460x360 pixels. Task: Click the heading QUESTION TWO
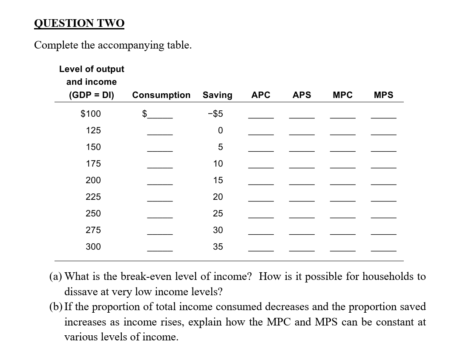pyautogui.click(x=79, y=23)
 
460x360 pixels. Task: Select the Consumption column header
pyautogui.click(x=161, y=95)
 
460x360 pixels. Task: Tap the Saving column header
pyautogui.click(x=217, y=95)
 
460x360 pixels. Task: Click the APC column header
pyautogui.click(x=261, y=95)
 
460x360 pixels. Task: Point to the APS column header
pyautogui.click(x=302, y=95)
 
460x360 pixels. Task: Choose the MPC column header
pyautogui.click(x=342, y=95)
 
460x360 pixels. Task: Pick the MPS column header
pyautogui.click(x=383, y=95)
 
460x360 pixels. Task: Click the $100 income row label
pyautogui.click(x=91, y=114)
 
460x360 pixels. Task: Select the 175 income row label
pyautogui.click(x=93, y=164)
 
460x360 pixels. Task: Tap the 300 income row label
pyautogui.click(x=93, y=247)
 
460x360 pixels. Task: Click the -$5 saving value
pyautogui.click(x=215, y=114)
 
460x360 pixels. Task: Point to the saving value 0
pyautogui.click(x=220, y=130)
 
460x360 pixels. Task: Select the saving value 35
pyautogui.click(x=218, y=247)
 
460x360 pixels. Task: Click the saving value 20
pyautogui.click(x=218, y=197)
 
